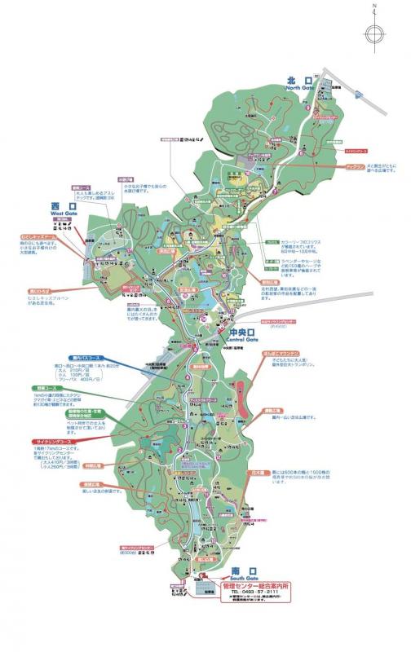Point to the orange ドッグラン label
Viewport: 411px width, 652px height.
(356, 166)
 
